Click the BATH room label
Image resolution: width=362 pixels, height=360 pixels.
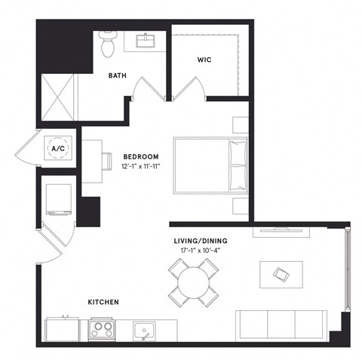click(x=117, y=75)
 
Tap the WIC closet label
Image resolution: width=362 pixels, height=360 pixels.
click(x=204, y=59)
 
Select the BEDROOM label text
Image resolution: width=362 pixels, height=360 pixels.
click(x=141, y=156)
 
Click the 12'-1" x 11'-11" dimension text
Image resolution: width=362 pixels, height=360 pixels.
click(x=141, y=165)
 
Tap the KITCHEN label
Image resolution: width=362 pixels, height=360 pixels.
click(x=103, y=302)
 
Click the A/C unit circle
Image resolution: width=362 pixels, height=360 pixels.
click(x=57, y=149)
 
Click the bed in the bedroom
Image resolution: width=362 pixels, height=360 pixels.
click(x=210, y=164)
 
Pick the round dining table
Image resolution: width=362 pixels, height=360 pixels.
click(x=193, y=282)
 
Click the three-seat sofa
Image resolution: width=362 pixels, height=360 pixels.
click(x=281, y=324)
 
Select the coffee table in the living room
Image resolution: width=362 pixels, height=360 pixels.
click(x=281, y=273)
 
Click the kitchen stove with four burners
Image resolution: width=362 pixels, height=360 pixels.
click(x=103, y=329)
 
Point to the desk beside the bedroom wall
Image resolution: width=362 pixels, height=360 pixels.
click(x=91, y=160)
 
